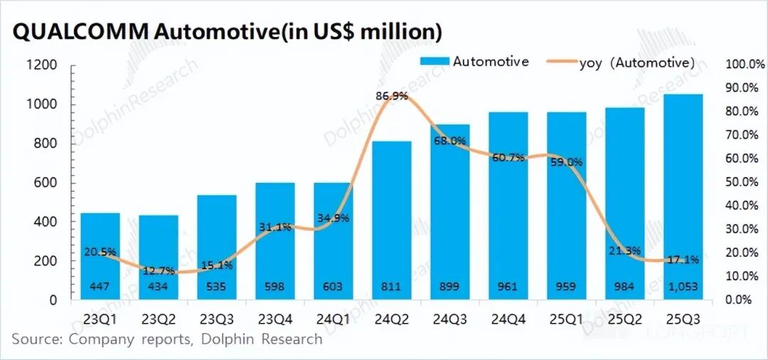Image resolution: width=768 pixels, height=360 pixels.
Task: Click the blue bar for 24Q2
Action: pos(391,221)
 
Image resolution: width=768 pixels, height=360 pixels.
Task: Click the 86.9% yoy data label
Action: pos(391,95)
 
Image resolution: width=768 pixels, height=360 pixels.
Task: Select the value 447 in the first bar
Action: pos(100,287)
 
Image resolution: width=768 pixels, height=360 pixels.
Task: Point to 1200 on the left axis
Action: pos(42,65)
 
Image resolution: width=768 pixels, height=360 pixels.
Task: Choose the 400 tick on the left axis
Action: pos(46,222)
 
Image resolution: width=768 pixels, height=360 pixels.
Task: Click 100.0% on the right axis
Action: pos(743,65)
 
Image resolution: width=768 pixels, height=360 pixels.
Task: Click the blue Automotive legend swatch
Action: pos(434,62)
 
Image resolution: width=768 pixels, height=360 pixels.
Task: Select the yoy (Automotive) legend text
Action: pos(637,63)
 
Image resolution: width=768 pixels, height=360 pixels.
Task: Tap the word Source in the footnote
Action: pos(35,339)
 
